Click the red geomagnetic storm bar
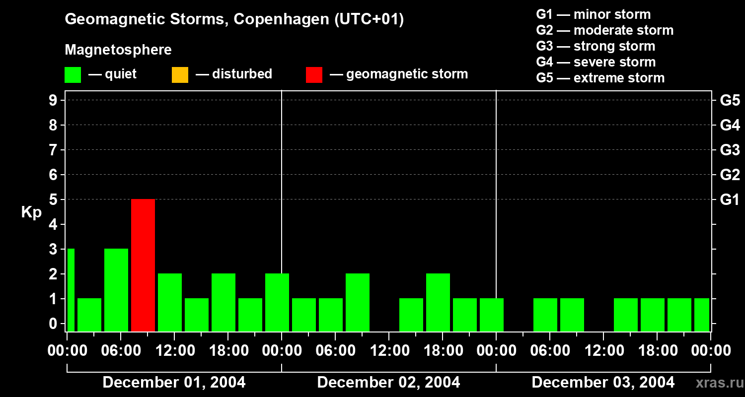143,265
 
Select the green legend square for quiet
73,74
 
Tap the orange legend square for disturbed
180,74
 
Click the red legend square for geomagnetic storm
314,74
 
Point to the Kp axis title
31,212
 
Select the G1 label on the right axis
730,199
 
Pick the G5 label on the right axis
730,100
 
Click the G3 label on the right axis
730,150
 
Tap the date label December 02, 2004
388,383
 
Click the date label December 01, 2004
174,383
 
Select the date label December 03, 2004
603,383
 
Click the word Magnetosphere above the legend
118,50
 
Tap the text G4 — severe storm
596,62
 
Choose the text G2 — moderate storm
605,30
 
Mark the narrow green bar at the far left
71,290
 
